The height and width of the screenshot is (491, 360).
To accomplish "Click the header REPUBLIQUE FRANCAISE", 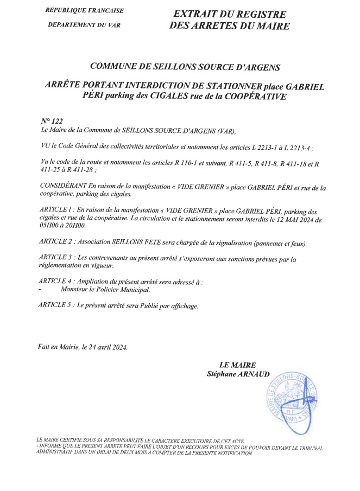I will [84, 10].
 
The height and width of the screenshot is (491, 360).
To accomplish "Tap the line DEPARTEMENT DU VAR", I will [84, 25].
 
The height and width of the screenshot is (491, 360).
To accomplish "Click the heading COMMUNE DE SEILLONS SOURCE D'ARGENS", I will [185, 67].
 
